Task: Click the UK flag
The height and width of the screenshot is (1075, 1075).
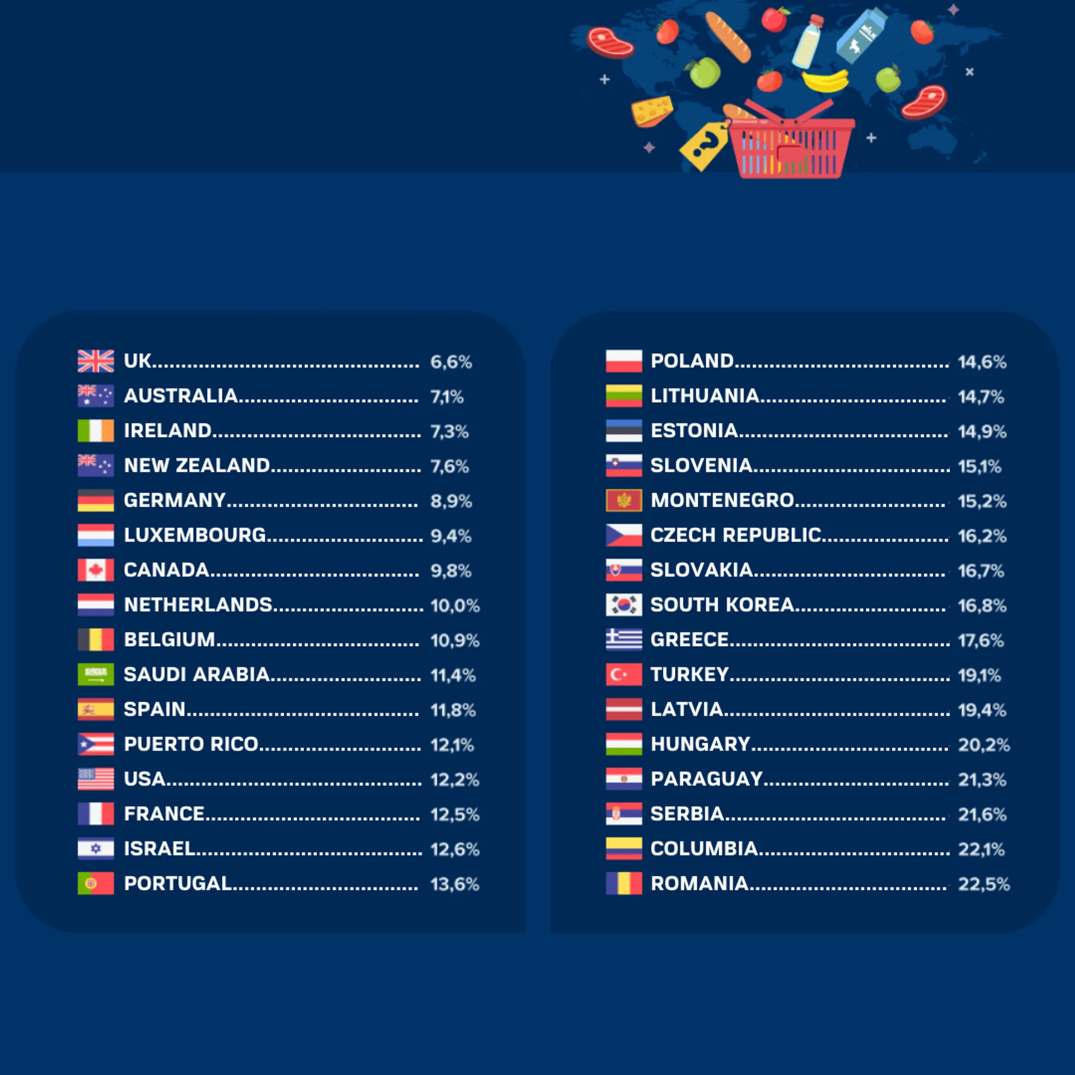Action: tap(96, 361)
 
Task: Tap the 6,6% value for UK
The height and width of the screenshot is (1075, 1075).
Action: tap(450, 362)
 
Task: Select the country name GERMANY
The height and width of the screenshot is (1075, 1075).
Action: tap(175, 500)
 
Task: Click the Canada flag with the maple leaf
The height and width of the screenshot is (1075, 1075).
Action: tap(96, 570)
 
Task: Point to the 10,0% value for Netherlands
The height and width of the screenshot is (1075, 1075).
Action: tap(455, 606)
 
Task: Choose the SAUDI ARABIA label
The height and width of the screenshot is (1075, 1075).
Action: tap(197, 674)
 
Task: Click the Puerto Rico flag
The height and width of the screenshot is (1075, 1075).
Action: tap(96, 744)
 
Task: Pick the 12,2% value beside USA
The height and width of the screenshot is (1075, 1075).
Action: tap(454, 780)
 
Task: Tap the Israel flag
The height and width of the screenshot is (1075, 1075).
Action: tap(96, 849)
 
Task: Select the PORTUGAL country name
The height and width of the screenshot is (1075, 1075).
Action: tap(178, 884)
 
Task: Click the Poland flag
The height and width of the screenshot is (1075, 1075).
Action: tap(623, 361)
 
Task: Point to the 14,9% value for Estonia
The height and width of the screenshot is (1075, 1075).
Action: tap(981, 432)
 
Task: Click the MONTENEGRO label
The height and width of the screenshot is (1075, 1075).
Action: tap(722, 500)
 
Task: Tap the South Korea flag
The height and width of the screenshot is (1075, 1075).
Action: tap(623, 605)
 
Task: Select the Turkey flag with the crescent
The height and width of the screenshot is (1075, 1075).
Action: tap(623, 674)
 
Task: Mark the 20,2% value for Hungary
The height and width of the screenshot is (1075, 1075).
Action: tap(983, 745)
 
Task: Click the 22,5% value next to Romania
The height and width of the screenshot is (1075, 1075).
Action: tap(983, 884)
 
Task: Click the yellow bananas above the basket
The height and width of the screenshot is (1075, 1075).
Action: tap(825, 81)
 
